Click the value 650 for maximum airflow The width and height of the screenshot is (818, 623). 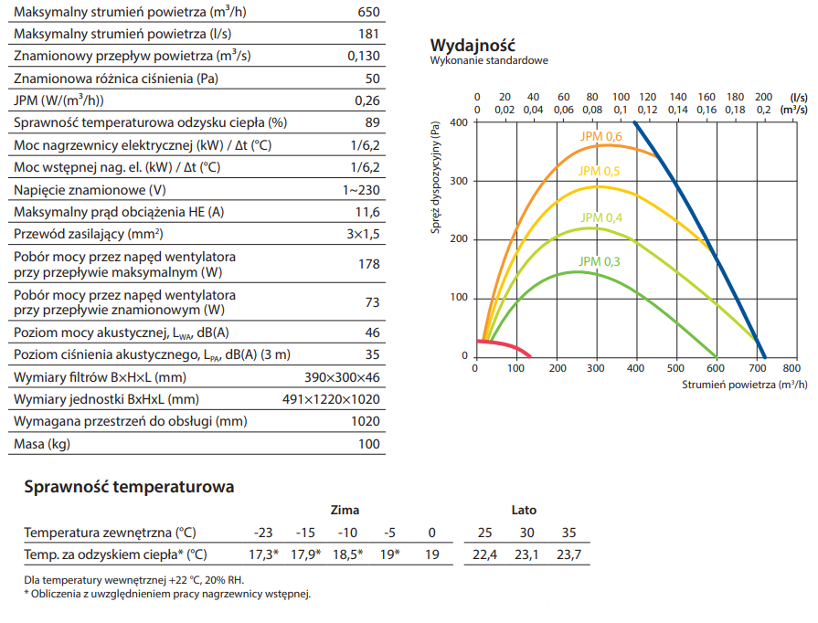point(367,13)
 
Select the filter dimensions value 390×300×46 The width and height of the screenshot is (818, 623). point(342,377)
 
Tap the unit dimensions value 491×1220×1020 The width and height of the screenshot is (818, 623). point(331,400)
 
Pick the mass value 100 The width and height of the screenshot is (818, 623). point(368,445)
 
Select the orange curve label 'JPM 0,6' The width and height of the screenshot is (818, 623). point(600,137)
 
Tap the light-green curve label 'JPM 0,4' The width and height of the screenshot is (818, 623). point(600,217)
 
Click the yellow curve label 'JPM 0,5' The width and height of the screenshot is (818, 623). point(600,171)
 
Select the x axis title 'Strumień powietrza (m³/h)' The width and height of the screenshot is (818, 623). point(744,385)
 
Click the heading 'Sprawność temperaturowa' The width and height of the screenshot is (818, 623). point(129,487)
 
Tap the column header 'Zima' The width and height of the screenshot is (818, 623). point(345,510)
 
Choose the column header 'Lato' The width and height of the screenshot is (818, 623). point(524,510)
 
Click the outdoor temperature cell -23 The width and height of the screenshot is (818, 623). point(263,533)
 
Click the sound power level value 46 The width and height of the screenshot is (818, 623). point(372,333)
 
